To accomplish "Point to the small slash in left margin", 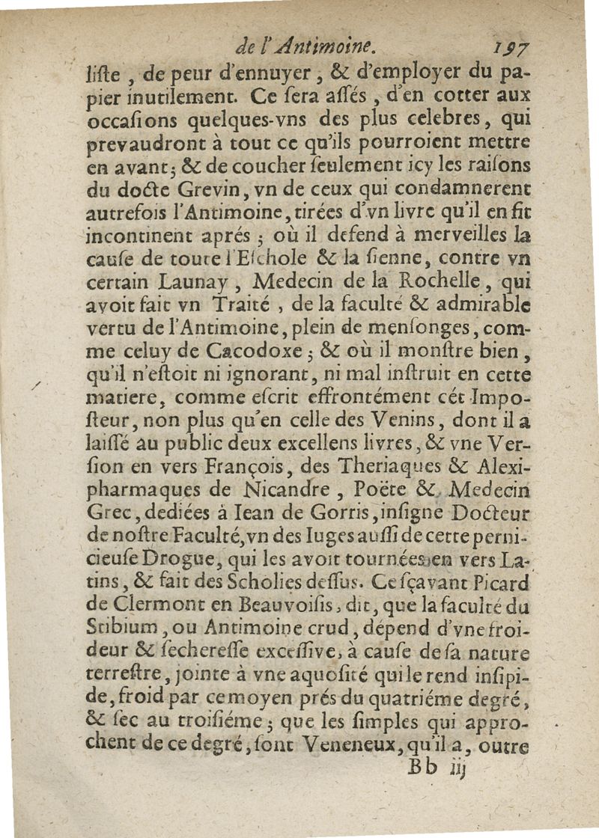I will (x=36, y=383).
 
